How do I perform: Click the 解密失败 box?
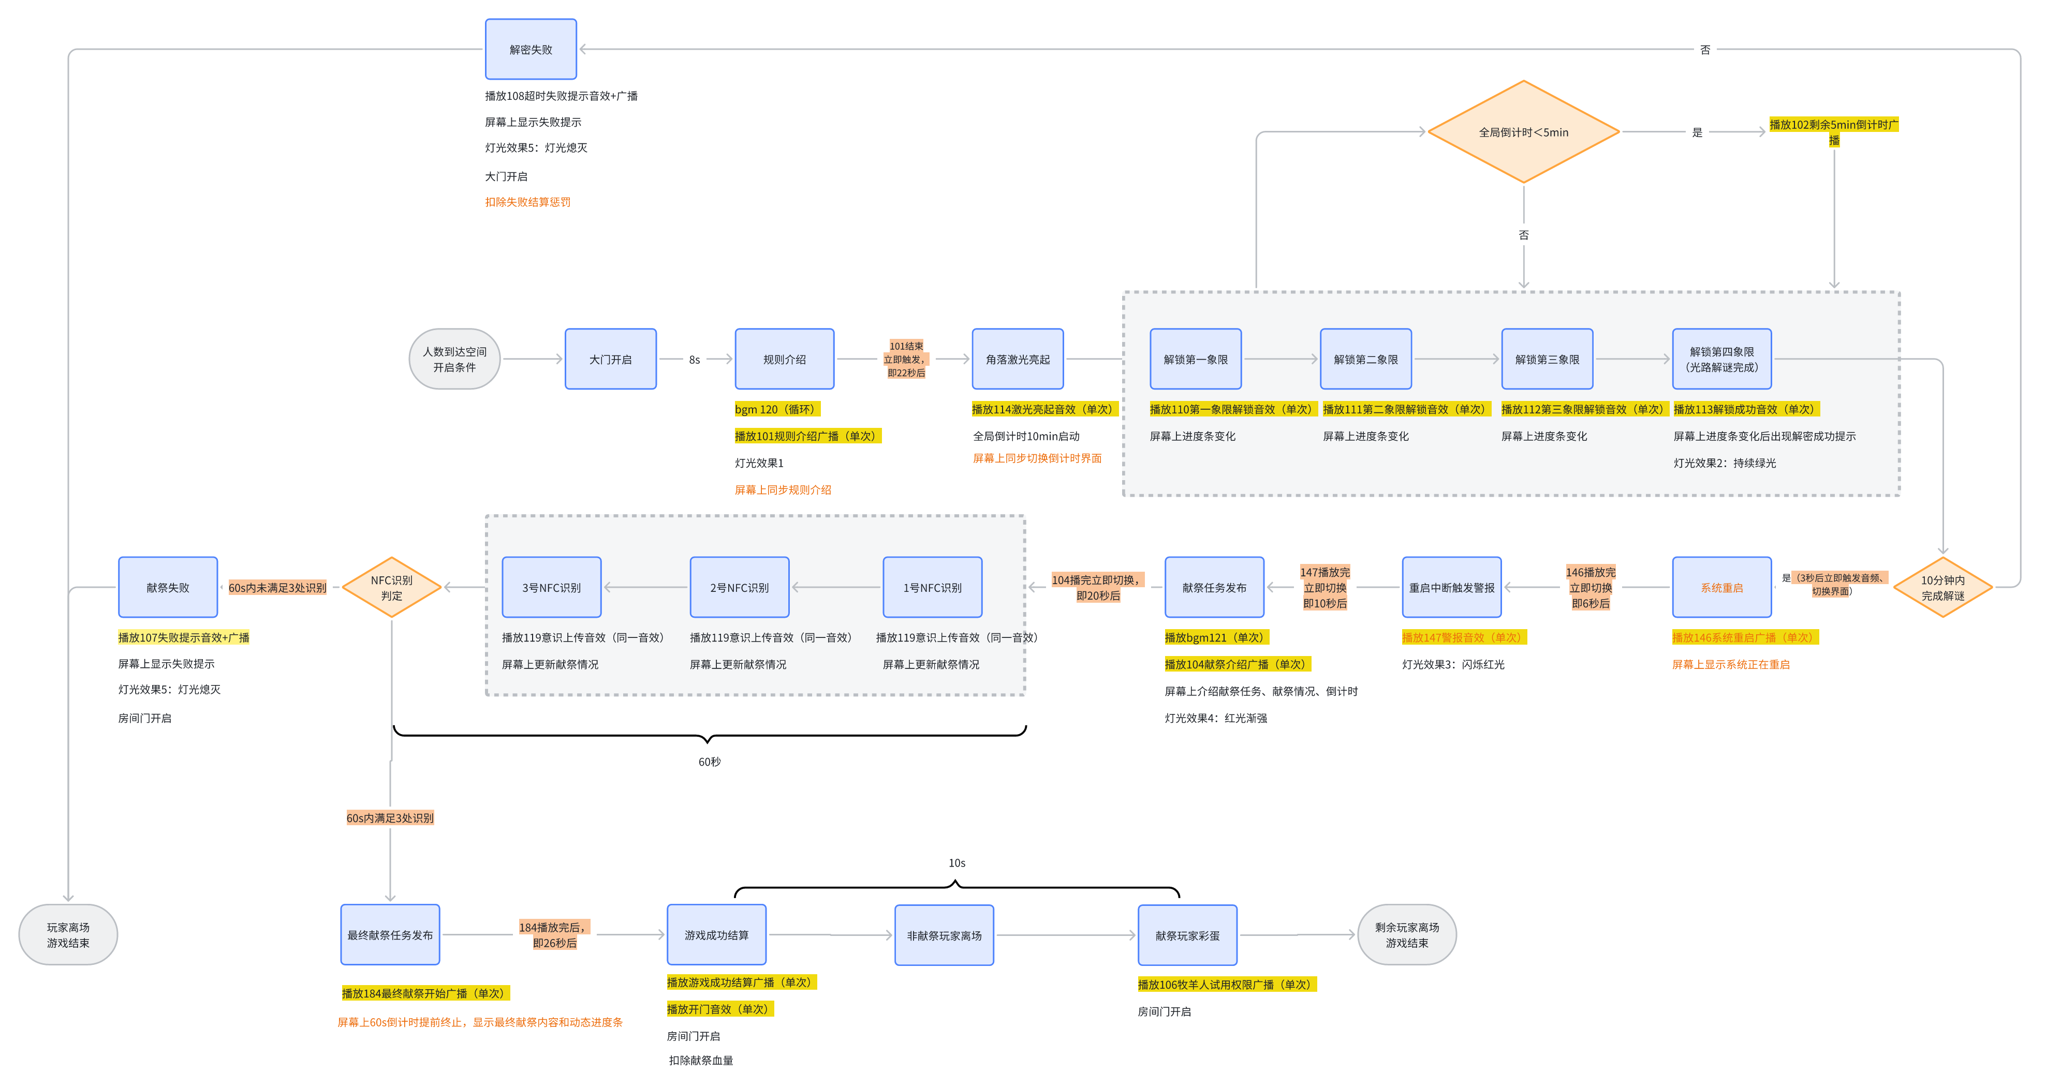point(531,49)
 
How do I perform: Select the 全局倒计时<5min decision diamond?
point(1523,132)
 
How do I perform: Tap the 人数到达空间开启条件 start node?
point(454,359)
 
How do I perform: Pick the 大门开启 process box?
point(611,359)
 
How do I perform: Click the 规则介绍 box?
point(785,359)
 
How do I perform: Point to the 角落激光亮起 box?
point(1018,359)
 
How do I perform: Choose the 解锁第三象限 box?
point(1547,359)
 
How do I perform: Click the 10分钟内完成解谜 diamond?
point(1943,588)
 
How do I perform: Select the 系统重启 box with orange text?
point(1722,588)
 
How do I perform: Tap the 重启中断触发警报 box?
point(1452,588)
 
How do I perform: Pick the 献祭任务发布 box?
point(1214,588)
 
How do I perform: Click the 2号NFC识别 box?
point(740,588)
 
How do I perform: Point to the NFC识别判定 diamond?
point(392,588)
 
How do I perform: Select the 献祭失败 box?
point(168,588)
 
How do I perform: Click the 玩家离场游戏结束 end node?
point(68,934)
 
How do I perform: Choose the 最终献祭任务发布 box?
point(390,934)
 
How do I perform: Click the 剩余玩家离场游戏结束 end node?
point(1407,934)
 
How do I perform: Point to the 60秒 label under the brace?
point(709,762)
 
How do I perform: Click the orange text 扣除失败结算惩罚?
point(527,202)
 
